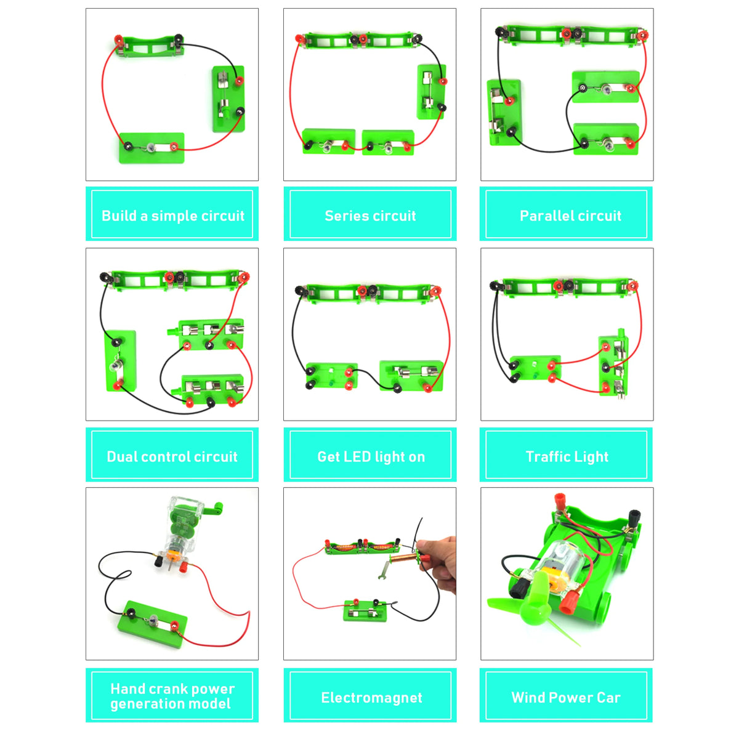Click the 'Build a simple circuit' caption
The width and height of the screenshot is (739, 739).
172,216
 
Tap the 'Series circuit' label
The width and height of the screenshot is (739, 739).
370,216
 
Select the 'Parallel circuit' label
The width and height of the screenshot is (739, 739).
570,216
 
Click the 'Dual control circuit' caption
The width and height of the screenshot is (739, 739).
172,456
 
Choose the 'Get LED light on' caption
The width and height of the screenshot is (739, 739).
370,456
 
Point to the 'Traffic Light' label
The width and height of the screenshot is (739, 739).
567,456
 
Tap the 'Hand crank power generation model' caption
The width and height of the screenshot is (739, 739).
172,697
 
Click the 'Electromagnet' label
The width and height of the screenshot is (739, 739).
371,697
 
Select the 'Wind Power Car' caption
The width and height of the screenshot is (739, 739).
565,697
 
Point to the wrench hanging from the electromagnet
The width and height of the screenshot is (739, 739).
384,567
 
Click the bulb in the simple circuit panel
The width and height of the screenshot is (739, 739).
151,147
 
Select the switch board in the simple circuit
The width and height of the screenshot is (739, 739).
228,99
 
